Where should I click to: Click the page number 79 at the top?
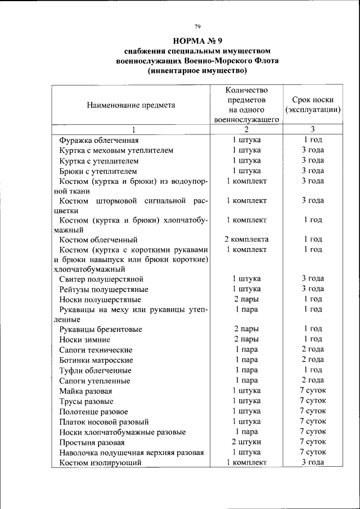(197, 26)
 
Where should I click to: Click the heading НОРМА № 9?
(197, 40)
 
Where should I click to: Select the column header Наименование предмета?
(130, 105)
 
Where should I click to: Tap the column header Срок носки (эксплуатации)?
(313, 105)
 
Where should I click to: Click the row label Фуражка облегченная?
(99, 140)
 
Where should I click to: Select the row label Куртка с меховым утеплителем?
(116, 150)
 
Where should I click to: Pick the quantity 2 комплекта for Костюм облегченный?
(246, 239)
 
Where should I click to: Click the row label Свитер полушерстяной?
(102, 279)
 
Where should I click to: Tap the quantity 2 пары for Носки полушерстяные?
(246, 299)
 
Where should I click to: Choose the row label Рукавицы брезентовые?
(101, 329)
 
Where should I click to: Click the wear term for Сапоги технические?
(313, 349)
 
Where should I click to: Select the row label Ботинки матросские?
(96, 360)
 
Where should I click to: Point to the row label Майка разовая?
(86, 391)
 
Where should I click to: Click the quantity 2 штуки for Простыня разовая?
(246, 442)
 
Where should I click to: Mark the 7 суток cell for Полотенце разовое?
(313, 411)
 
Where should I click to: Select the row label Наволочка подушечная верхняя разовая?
(132, 452)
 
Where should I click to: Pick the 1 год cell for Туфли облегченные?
(313, 370)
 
